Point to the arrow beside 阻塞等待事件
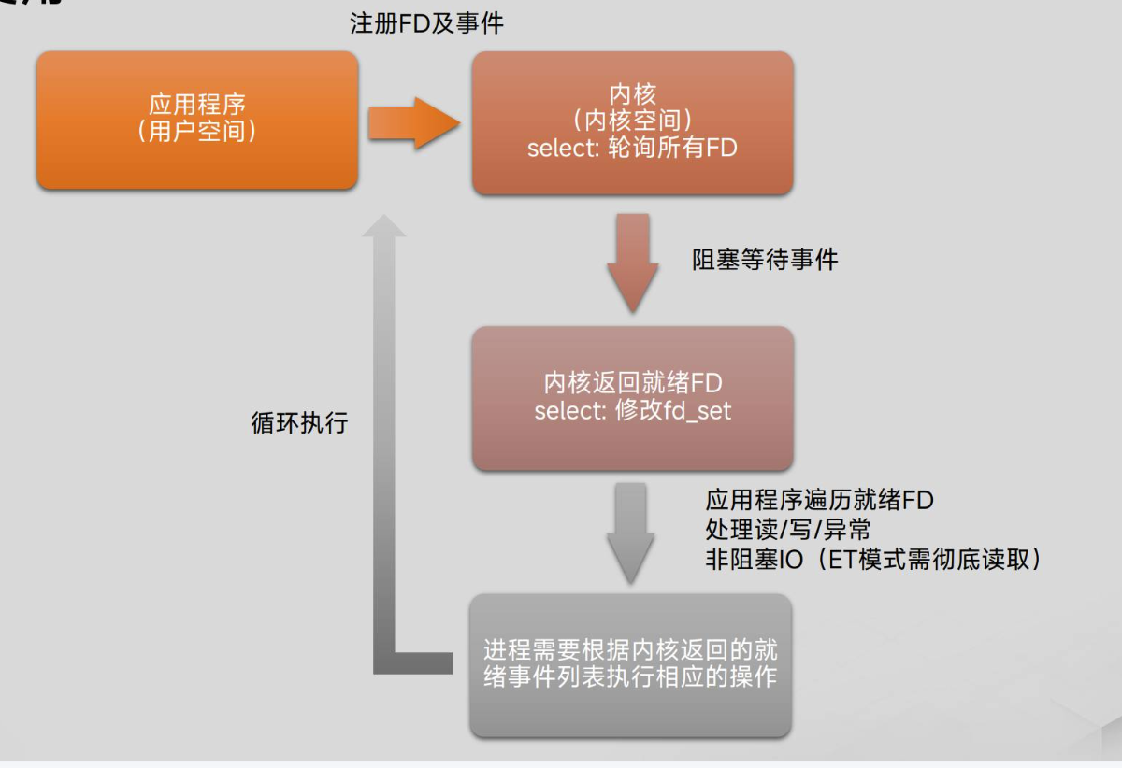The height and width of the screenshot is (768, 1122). coord(632,263)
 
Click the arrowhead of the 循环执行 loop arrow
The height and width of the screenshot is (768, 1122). coord(383,225)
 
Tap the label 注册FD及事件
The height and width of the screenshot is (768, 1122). coord(426,23)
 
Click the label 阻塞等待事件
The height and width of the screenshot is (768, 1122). coord(765,259)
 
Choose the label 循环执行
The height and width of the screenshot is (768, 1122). coord(299,422)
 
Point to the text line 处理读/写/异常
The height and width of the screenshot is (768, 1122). coord(788,530)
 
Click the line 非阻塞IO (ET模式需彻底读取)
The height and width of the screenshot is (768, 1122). coord(873,559)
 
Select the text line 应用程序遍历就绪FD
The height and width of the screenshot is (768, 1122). coord(819,501)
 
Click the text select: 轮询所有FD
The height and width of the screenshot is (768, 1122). coord(632,148)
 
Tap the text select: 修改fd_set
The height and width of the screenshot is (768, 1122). coord(632,410)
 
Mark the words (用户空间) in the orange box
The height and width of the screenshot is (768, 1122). coord(196,131)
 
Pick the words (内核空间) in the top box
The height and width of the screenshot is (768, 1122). coord(632,121)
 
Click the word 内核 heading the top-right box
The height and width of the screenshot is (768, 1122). coord(632,94)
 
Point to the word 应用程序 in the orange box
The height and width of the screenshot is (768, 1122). coord(196,104)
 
